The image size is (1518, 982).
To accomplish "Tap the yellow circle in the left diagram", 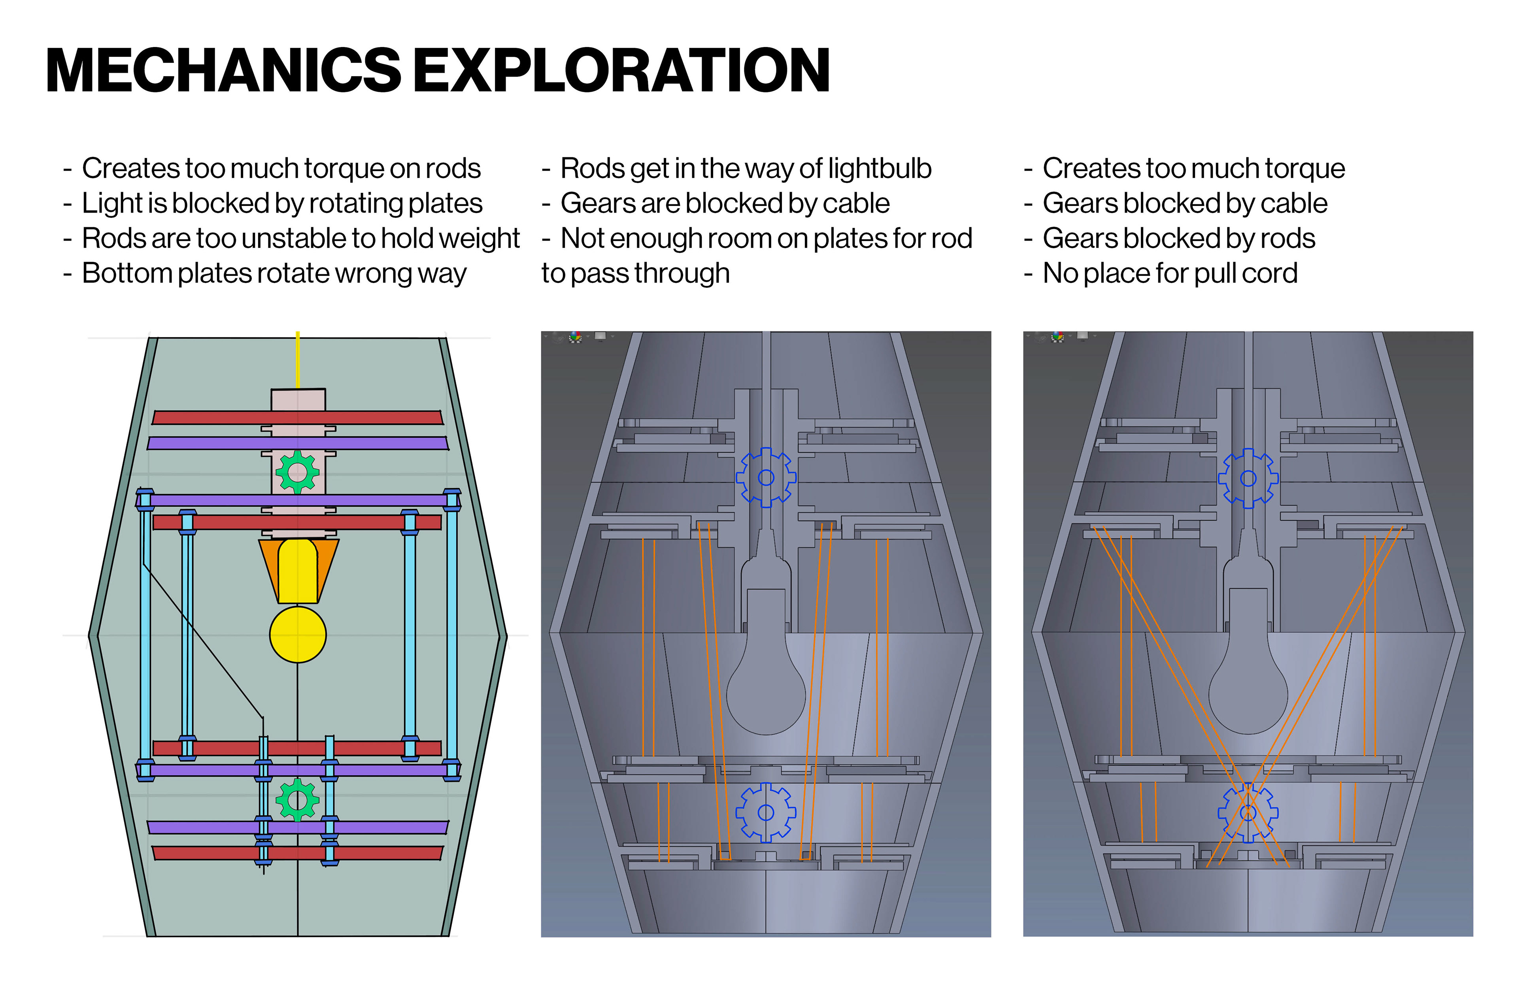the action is [x=298, y=635].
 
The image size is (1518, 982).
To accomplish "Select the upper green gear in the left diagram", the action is [x=297, y=472].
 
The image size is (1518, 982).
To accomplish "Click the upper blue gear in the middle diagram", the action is [x=766, y=478].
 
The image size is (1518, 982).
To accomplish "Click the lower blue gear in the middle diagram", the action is [x=766, y=812].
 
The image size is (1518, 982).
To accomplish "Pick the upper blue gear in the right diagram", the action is [x=1248, y=478].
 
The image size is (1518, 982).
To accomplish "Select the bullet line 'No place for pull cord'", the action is [x=1161, y=273].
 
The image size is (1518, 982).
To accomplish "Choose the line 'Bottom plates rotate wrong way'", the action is [x=265, y=273].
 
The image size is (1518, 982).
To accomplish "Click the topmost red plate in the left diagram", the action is [x=298, y=418].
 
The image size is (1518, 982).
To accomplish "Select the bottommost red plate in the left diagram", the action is [x=298, y=852].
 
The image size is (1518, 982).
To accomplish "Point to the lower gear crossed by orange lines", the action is [x=1248, y=813].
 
